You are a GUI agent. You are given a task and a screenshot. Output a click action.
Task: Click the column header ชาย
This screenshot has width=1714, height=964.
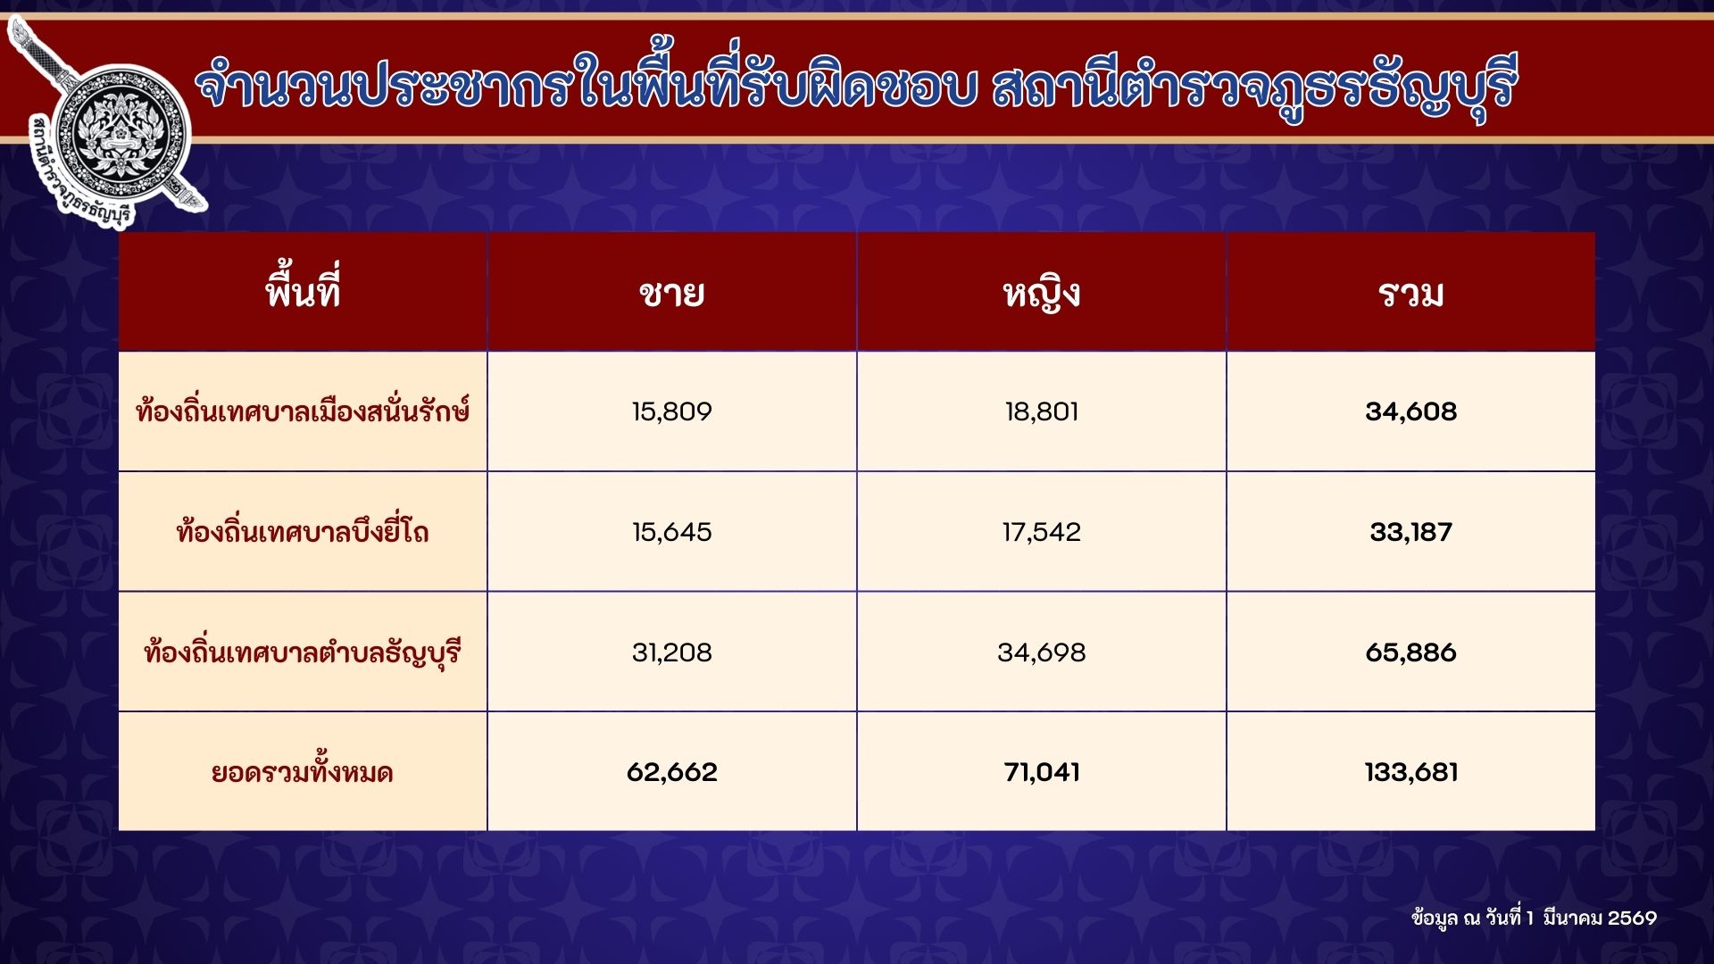(x=671, y=293)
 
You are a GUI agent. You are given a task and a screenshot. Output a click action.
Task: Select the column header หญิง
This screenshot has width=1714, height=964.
(x=1042, y=294)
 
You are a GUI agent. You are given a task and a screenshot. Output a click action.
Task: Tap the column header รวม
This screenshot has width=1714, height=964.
(x=1410, y=294)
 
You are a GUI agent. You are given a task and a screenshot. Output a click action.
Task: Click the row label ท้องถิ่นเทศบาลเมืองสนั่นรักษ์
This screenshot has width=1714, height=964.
(x=303, y=410)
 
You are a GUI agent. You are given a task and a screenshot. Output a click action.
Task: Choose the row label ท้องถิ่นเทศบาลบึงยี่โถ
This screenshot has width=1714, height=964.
(x=303, y=531)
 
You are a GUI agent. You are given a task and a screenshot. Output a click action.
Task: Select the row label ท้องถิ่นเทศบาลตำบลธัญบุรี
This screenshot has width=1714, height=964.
(x=303, y=652)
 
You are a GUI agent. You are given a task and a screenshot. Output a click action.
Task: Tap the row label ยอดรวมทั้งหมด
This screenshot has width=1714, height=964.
(x=303, y=770)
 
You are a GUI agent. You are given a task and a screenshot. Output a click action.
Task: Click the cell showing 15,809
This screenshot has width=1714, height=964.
(x=671, y=411)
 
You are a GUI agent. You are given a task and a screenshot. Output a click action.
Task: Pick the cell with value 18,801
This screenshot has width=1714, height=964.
(x=1042, y=411)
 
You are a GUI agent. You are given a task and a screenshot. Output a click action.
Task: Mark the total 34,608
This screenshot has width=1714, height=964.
(x=1410, y=411)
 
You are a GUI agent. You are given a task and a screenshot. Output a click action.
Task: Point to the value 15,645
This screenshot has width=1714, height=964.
(x=671, y=532)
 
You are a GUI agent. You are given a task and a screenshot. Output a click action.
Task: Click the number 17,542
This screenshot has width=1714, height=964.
(x=1042, y=532)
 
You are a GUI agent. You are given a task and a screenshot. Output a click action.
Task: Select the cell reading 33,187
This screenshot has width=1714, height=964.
(x=1410, y=532)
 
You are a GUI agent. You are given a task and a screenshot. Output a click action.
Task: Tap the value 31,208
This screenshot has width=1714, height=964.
(x=671, y=652)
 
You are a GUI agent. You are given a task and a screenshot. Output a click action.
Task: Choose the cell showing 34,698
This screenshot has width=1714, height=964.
(x=1042, y=652)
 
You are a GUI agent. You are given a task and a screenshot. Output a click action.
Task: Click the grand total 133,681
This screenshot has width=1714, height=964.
(x=1410, y=772)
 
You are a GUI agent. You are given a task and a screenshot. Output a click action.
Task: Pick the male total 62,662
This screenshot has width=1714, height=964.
(x=671, y=772)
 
